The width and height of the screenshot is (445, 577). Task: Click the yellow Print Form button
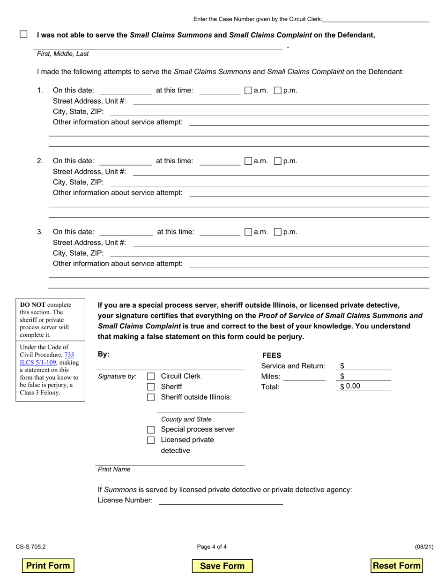(x=48, y=566)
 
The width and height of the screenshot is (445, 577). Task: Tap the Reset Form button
(x=396, y=566)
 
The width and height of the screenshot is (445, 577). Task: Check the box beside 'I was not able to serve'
(x=23, y=34)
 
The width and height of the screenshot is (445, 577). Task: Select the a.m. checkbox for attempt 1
(x=248, y=91)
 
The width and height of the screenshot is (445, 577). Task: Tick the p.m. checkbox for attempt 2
(x=277, y=161)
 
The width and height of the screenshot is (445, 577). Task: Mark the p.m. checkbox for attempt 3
(x=277, y=232)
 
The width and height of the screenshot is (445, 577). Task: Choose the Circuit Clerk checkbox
(x=151, y=376)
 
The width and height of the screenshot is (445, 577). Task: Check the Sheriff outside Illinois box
(x=151, y=397)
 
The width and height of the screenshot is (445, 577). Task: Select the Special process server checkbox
(x=151, y=430)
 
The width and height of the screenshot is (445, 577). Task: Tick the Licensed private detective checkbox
(x=151, y=440)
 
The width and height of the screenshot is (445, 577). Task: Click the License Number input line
(x=221, y=501)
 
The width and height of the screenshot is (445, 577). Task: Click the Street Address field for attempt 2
(x=281, y=172)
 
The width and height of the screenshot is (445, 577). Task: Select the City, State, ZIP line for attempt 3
(x=269, y=253)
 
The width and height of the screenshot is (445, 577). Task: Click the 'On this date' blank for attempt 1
(x=126, y=91)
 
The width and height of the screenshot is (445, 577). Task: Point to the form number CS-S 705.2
(x=30, y=547)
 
